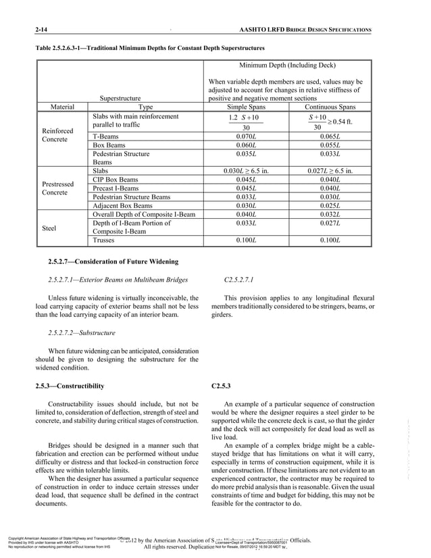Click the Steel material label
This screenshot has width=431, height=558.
(52, 228)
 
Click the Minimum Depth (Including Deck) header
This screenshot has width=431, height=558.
(288, 65)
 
